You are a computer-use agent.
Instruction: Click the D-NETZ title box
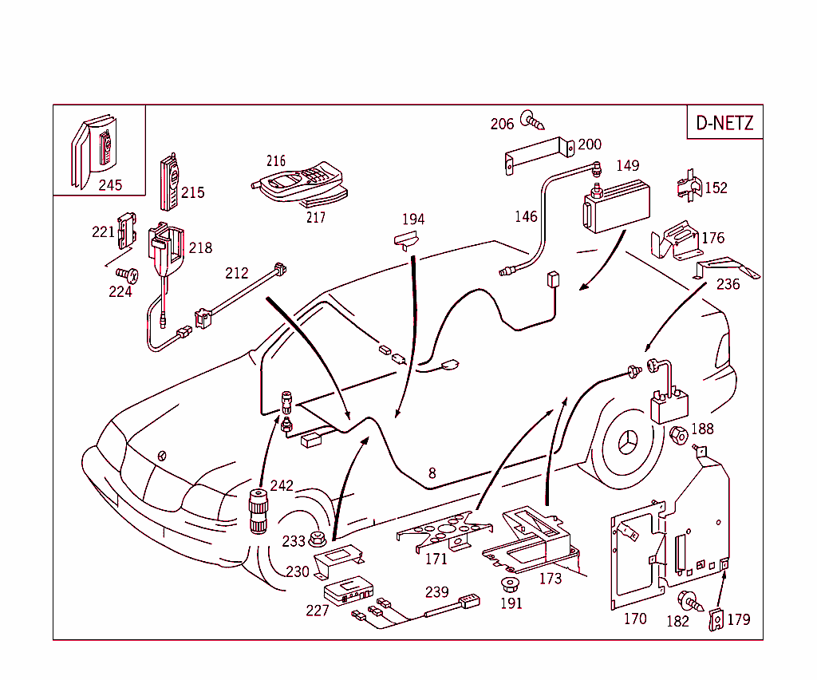(x=724, y=123)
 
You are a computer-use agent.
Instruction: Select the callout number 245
(x=110, y=185)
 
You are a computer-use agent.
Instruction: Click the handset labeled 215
(x=170, y=179)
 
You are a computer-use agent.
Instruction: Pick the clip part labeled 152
(x=689, y=186)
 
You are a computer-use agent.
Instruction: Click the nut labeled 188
(x=678, y=437)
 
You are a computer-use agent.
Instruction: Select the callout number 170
(x=635, y=619)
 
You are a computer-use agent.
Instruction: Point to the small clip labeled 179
(x=716, y=619)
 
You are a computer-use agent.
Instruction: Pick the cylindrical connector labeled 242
(x=257, y=511)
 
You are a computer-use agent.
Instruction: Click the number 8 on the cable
(x=432, y=473)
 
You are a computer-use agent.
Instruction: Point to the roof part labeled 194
(x=406, y=239)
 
